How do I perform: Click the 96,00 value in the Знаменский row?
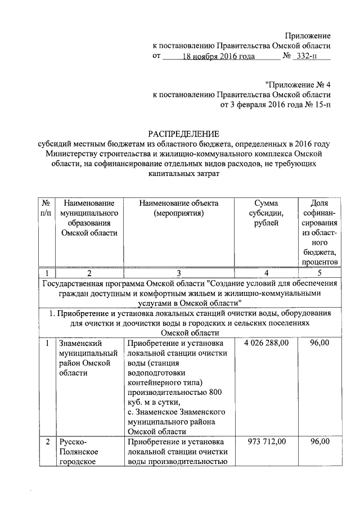[x=319, y=343]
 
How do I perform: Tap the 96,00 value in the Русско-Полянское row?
[x=319, y=442]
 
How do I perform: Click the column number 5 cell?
[x=319, y=272]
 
